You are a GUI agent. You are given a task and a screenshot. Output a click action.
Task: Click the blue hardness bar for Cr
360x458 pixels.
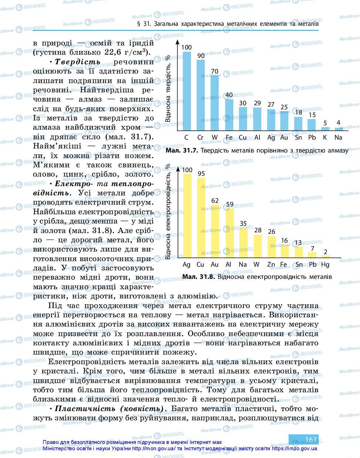click(x=200, y=95)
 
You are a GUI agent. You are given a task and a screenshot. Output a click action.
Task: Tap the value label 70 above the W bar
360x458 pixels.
click(x=214, y=71)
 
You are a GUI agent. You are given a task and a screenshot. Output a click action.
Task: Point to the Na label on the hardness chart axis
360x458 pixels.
click(x=338, y=137)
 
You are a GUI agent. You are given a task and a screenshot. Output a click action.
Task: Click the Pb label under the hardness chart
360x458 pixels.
click(x=312, y=137)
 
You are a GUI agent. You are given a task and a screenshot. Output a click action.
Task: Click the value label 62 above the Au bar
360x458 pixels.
click(x=215, y=201)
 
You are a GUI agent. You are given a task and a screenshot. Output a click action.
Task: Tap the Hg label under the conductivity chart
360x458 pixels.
click(x=325, y=264)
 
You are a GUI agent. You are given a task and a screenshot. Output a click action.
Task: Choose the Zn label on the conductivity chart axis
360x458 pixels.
click(x=271, y=264)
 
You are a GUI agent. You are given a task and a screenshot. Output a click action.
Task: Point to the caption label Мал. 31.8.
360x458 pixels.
click(x=199, y=277)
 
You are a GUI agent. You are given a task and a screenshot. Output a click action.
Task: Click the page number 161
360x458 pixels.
click(x=311, y=439)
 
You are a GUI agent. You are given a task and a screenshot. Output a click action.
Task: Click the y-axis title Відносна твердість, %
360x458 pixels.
click(x=168, y=89)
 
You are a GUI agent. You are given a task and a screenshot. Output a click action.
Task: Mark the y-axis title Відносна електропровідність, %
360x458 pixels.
click(x=168, y=212)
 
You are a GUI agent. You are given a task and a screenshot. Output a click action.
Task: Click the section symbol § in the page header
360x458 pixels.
click(x=138, y=24)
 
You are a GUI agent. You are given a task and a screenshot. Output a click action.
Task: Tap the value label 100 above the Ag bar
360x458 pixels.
click(x=187, y=170)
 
